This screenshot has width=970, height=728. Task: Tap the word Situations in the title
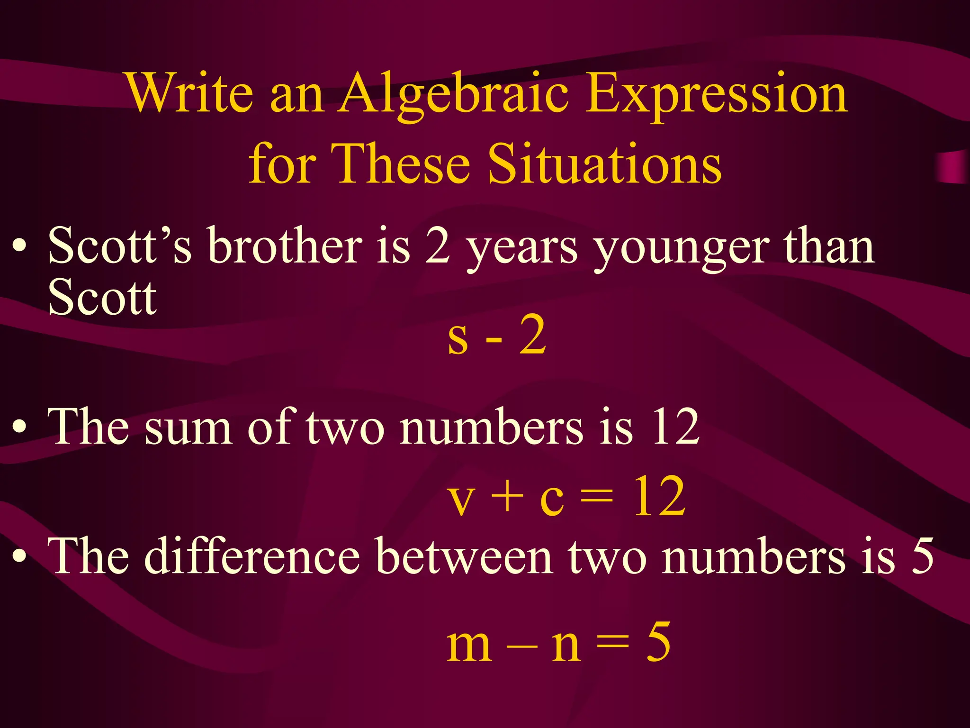[604, 164]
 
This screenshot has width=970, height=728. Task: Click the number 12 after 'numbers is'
[675, 427]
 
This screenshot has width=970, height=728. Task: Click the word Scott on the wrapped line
[102, 297]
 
